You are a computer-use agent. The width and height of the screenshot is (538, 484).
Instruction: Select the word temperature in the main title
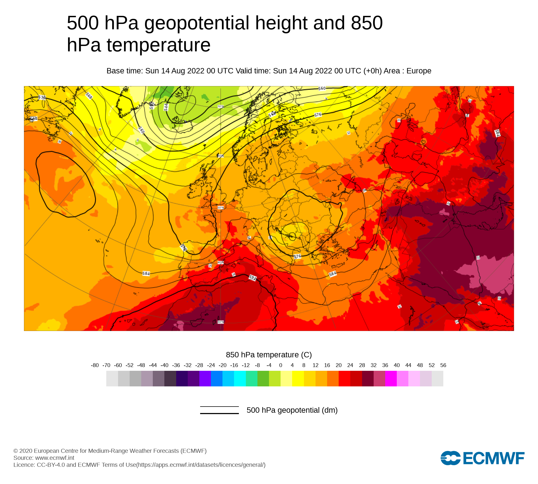pyautogui.click(x=158, y=45)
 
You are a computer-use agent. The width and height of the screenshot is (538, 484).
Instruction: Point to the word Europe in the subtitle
pyautogui.click(x=419, y=71)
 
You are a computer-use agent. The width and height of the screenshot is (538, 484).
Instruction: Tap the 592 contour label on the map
pyautogui.click(x=253, y=277)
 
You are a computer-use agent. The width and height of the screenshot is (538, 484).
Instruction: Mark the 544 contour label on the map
pyautogui.click(x=166, y=107)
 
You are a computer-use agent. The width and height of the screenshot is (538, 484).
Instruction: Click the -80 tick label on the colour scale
pyautogui.click(x=95, y=365)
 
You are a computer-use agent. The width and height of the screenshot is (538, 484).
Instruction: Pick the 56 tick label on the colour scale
pyautogui.click(x=443, y=365)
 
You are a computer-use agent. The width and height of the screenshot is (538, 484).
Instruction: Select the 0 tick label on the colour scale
pyautogui.click(x=281, y=365)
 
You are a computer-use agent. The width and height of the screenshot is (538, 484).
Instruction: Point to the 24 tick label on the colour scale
pyautogui.click(x=350, y=365)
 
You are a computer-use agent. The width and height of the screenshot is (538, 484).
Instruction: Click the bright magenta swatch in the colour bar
pyautogui.click(x=391, y=379)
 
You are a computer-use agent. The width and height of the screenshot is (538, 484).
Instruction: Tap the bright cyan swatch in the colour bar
pyautogui.click(x=240, y=379)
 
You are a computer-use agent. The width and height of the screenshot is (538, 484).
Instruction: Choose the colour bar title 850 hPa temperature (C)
pyautogui.click(x=269, y=355)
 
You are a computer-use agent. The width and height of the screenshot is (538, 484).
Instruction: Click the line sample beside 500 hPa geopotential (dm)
pyautogui.click(x=219, y=410)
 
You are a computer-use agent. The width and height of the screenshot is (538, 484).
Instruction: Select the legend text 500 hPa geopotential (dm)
pyautogui.click(x=292, y=410)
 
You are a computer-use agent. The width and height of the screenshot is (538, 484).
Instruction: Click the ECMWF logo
pyautogui.click(x=482, y=458)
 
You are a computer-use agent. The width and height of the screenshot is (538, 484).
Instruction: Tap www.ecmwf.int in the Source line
pyautogui.click(x=55, y=458)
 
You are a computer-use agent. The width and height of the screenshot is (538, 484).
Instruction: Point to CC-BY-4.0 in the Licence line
pyautogui.click(x=51, y=465)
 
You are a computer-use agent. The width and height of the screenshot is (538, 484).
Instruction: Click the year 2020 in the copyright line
pyautogui.click(x=26, y=451)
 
